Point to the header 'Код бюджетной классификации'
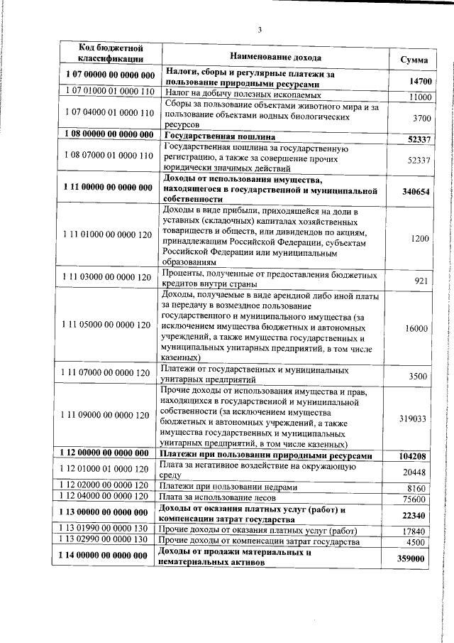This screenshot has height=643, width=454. pos(111,54)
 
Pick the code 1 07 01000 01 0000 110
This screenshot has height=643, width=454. pos(111,92)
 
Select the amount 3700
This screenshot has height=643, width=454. pos(421,118)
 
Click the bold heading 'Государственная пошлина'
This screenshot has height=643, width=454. pos(220,135)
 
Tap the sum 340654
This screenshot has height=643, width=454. pos(416,192)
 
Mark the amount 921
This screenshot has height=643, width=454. pos(423,282)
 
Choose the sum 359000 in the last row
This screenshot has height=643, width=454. pos(415,560)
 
